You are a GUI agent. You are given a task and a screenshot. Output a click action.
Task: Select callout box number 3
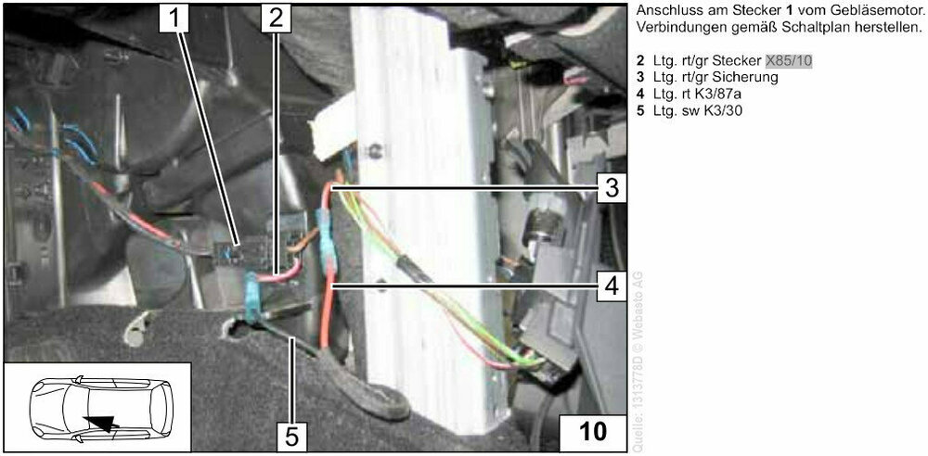pos(608,188)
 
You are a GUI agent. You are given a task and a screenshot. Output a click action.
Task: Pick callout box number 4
pos(608,285)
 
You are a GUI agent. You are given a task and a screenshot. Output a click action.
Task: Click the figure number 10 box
pos(592,431)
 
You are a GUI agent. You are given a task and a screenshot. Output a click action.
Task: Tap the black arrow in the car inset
pos(103,422)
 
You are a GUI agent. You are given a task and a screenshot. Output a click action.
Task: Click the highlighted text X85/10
pos(789,61)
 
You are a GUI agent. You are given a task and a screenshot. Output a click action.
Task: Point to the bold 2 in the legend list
pos(640,61)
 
